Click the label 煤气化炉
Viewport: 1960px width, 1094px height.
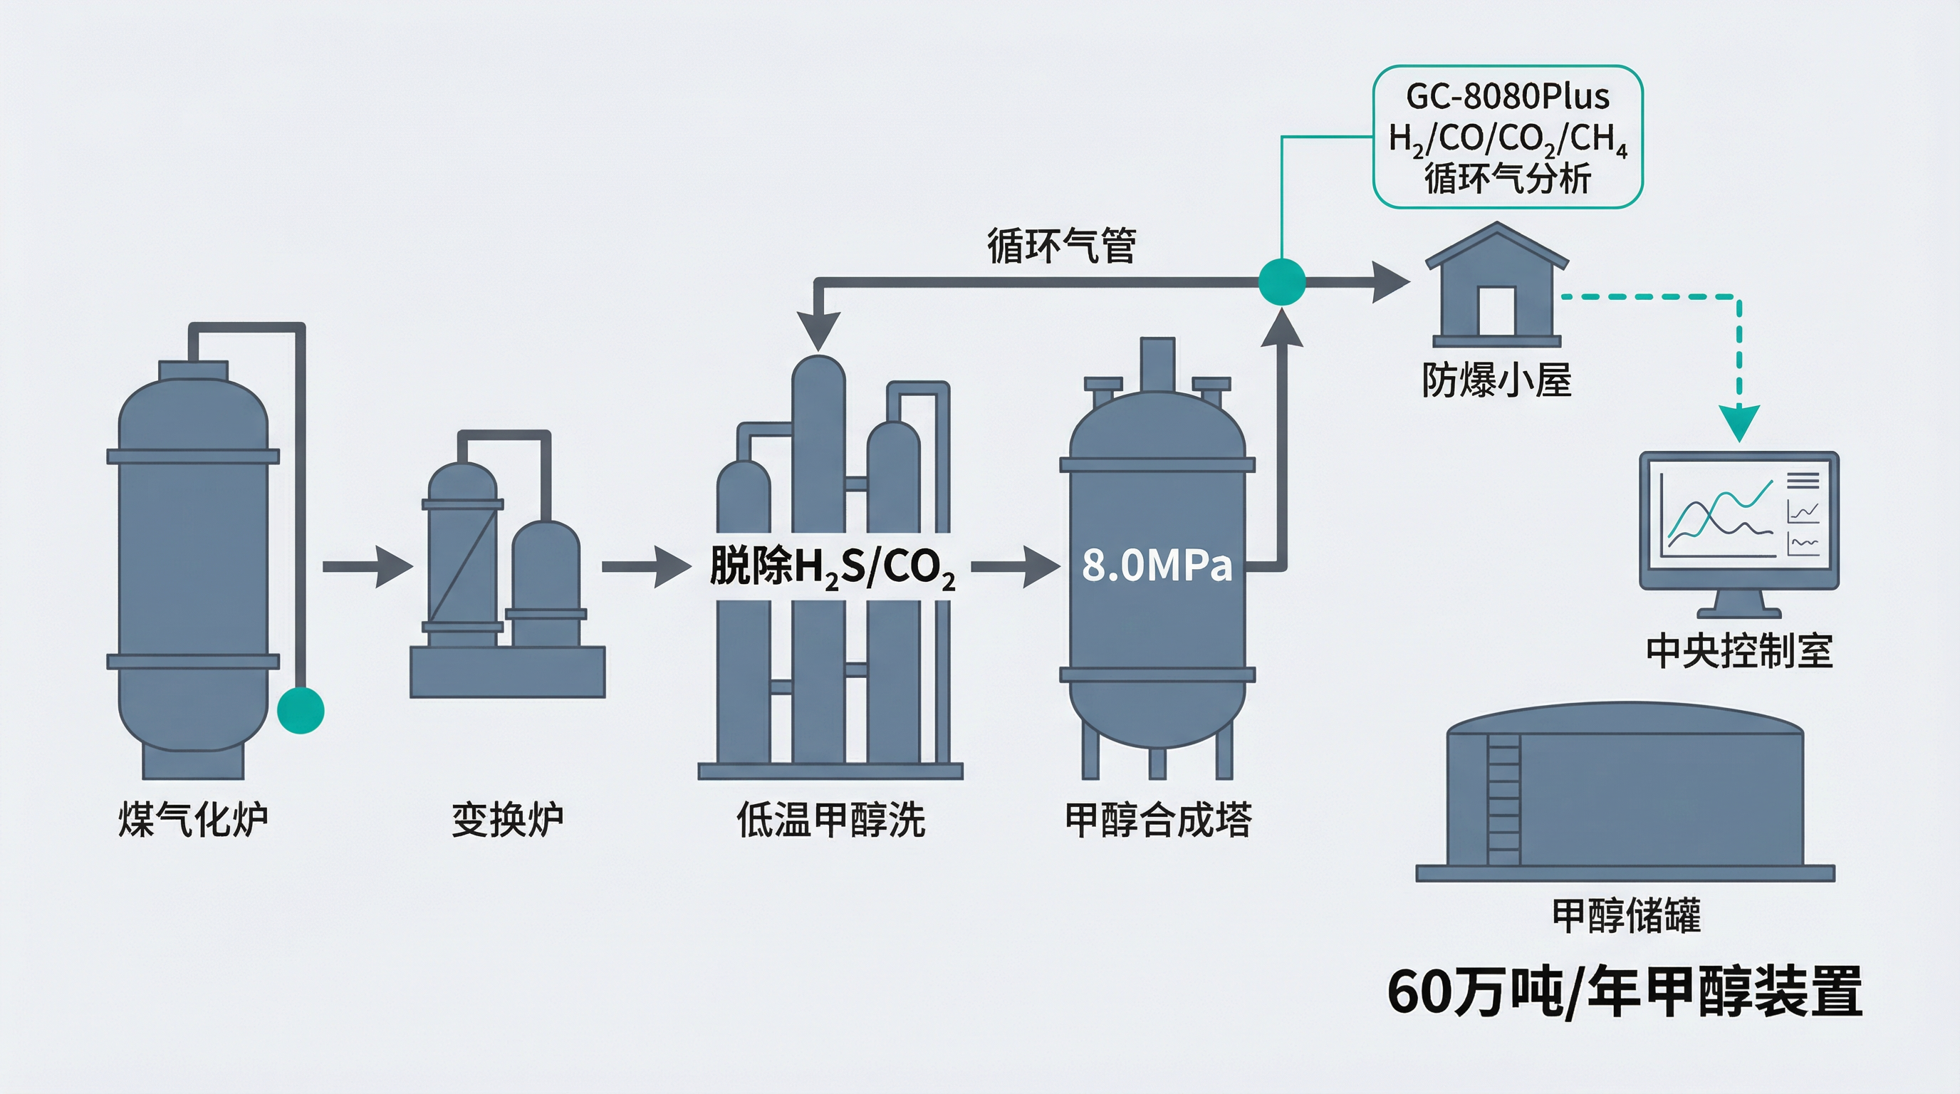tap(193, 820)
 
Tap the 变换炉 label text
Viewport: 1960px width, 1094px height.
tap(508, 820)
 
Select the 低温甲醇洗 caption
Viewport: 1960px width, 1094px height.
tap(831, 820)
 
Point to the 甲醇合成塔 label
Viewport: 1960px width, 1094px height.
tap(1158, 820)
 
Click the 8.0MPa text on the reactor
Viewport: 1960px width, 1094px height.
tap(1157, 566)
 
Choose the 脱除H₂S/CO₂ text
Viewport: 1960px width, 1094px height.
tap(832, 568)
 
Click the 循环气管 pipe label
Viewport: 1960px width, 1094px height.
tap(1061, 245)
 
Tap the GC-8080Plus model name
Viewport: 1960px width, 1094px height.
tap(1507, 97)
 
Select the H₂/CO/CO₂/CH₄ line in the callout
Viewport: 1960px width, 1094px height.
tap(1507, 139)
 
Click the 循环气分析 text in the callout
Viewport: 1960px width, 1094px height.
tap(1507, 179)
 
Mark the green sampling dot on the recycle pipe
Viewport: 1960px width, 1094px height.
tap(1282, 281)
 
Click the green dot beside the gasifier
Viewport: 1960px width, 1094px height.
tap(301, 710)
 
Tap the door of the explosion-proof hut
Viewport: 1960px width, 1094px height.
tap(1496, 311)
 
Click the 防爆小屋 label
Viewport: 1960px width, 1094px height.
tap(1496, 380)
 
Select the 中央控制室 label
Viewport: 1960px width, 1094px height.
tap(1739, 651)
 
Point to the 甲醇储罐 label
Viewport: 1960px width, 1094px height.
tap(1626, 915)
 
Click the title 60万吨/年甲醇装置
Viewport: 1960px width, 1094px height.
tap(1625, 991)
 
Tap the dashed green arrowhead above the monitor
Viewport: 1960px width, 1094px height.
tap(1739, 422)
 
